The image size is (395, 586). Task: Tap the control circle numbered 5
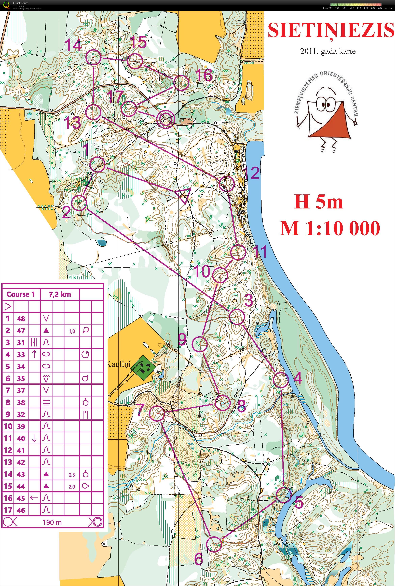coord(284,495)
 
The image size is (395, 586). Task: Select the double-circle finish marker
coord(165,119)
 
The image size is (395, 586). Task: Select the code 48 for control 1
coord(21,318)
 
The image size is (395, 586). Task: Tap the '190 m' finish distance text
coord(52,522)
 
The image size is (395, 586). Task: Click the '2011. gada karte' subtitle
coord(328,52)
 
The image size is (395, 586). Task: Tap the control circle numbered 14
coord(94,57)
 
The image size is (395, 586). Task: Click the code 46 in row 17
coord(21,510)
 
